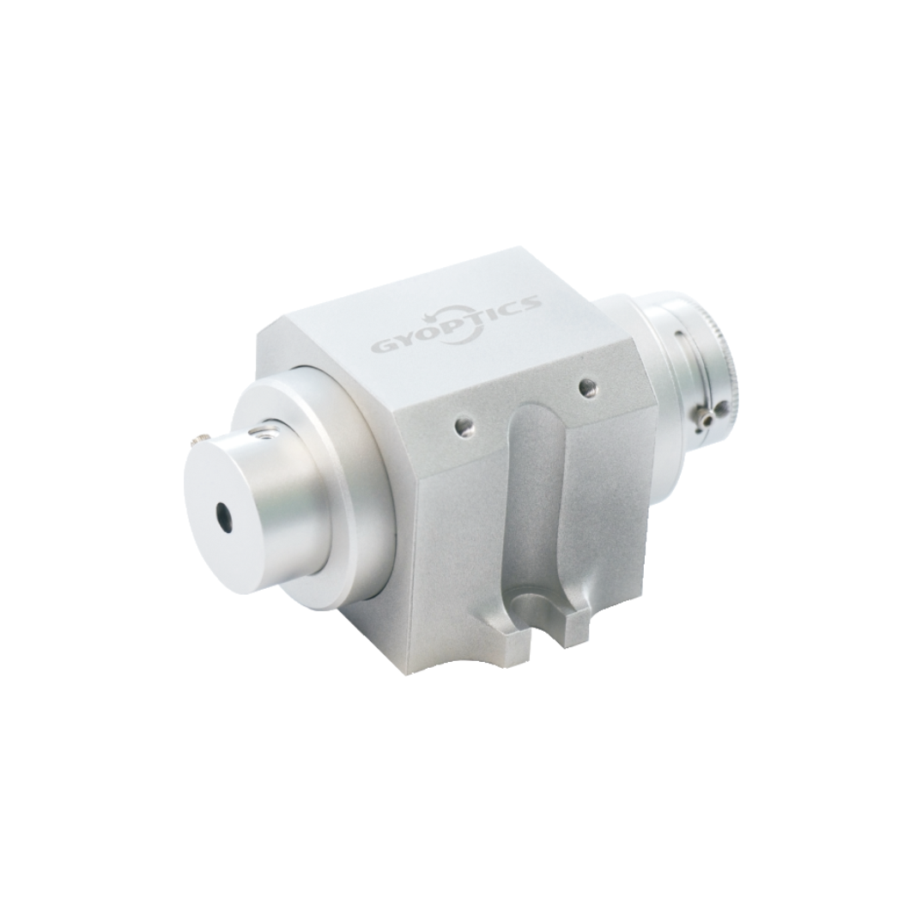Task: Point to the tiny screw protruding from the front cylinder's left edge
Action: click(x=200, y=440)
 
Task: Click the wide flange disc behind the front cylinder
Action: click(x=343, y=481)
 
